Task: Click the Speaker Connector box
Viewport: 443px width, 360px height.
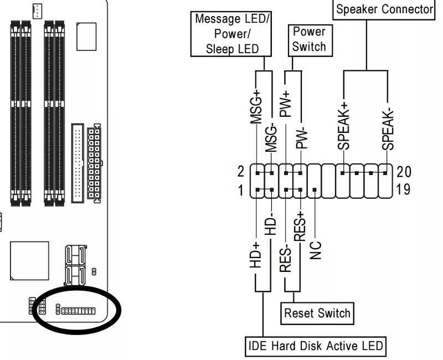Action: coord(384,9)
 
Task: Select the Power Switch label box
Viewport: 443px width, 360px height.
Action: coord(309,39)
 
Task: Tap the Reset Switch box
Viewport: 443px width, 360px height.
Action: coord(317,313)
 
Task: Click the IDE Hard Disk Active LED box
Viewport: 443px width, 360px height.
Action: coord(315,346)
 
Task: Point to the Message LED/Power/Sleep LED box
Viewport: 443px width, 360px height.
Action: coord(233,34)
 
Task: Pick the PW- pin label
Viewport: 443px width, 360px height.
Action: coord(301,136)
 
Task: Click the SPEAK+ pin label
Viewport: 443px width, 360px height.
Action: coord(343,126)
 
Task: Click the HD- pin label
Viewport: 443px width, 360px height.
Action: coord(271,225)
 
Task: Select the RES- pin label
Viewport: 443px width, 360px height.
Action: coord(286,258)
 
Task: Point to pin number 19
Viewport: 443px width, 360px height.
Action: coord(404,191)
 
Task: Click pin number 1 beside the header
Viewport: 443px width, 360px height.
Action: coord(241,191)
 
